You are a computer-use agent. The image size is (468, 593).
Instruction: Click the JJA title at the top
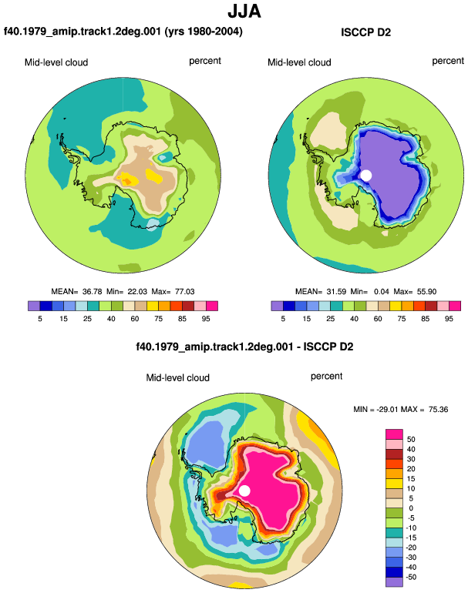click(x=244, y=12)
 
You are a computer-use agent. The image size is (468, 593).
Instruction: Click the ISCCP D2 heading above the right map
click(x=365, y=32)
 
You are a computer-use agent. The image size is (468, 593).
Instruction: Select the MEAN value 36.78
click(x=92, y=292)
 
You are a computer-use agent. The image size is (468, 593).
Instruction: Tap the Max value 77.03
click(x=185, y=292)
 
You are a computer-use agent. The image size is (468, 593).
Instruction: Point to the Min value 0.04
click(x=382, y=292)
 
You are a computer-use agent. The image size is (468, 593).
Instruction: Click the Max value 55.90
click(x=426, y=292)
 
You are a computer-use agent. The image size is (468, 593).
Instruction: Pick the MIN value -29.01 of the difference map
click(x=388, y=409)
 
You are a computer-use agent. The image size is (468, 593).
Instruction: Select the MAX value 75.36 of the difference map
click(x=439, y=409)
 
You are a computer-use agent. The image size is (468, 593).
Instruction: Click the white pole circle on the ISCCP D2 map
click(x=366, y=175)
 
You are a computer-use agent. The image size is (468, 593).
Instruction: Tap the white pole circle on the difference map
click(x=244, y=491)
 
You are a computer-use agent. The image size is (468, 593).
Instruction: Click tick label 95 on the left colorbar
click(x=206, y=319)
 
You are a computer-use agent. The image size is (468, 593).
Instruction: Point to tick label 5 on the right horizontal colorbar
click(x=283, y=319)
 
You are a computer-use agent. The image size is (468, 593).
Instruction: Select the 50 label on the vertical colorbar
click(x=411, y=439)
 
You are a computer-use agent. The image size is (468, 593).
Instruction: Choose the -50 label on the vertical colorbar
click(x=411, y=577)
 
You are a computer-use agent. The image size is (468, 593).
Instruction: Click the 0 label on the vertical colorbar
click(x=411, y=508)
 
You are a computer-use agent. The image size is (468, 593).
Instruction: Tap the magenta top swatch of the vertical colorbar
click(x=394, y=434)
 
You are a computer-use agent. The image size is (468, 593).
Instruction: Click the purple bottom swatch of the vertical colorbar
click(x=394, y=582)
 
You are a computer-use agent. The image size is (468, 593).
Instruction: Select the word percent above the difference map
click(x=326, y=377)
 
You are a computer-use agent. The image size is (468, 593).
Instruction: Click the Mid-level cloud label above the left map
click(x=56, y=62)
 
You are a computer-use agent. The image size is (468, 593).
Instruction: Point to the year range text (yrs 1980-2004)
click(x=204, y=31)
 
